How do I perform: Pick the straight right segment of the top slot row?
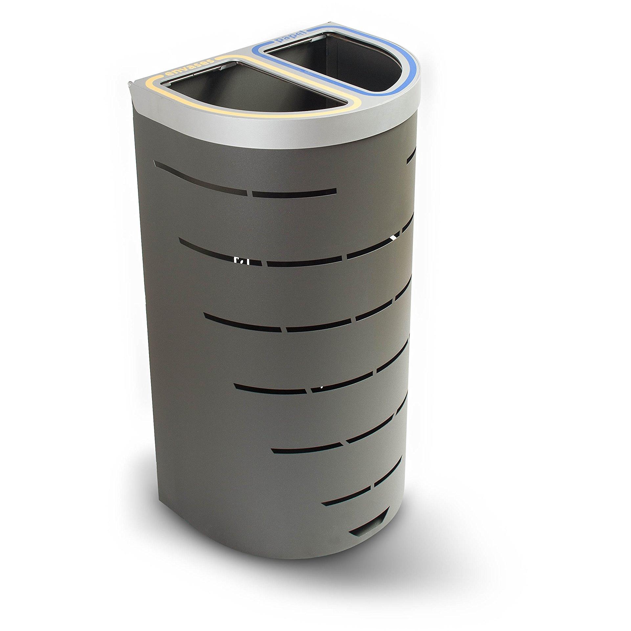click(294, 192)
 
